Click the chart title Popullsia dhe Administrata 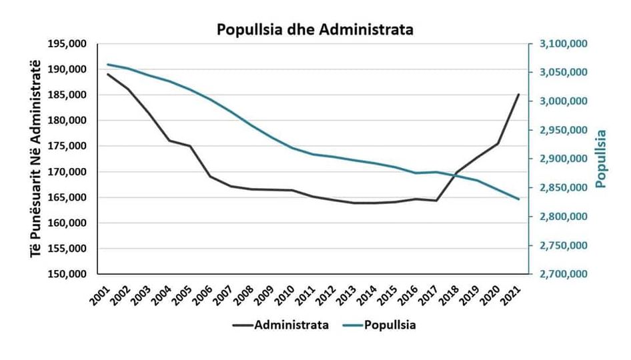[x=315, y=29]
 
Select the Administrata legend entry [x=290, y=325]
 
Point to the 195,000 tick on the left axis [x=69, y=44]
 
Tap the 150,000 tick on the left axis [x=69, y=274]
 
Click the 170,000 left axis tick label [x=69, y=172]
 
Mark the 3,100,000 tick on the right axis [x=558, y=44]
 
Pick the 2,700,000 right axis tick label [x=558, y=274]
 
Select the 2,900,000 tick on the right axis [x=558, y=159]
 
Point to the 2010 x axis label [x=285, y=291]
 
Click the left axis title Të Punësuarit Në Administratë [x=35, y=159]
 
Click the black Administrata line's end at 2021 [x=518, y=95]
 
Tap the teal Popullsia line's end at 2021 [x=518, y=199]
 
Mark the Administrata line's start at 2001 [x=107, y=74]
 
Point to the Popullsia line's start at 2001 [x=107, y=65]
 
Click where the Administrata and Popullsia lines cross [x=453, y=175]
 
